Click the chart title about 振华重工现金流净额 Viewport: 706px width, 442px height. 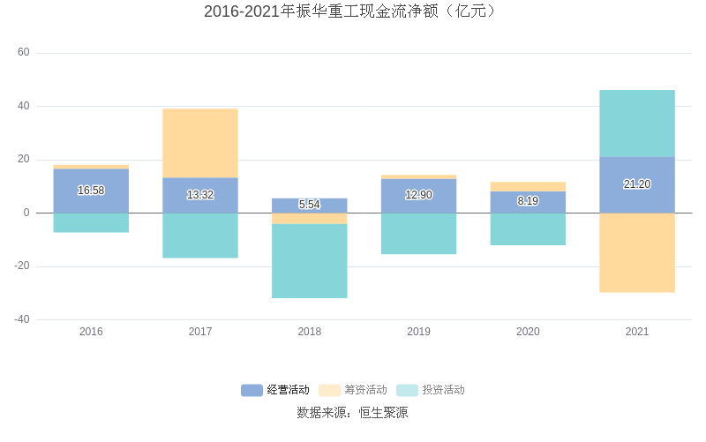point(352,11)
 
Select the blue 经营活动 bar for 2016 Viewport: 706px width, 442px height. point(91,179)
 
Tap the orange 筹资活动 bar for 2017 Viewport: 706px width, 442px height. point(200,143)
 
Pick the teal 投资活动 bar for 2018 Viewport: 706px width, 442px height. point(310,261)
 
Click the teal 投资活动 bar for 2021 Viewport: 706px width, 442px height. point(637,124)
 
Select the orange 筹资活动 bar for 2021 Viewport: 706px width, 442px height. point(637,252)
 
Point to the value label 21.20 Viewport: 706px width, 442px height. point(637,184)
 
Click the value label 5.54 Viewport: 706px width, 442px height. point(310,205)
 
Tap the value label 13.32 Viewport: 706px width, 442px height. point(200,195)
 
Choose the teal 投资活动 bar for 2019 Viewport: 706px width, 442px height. point(419,234)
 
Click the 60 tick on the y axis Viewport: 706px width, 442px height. point(24,53)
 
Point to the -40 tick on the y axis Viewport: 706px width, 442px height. point(21,319)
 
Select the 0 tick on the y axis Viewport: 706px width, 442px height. point(26,213)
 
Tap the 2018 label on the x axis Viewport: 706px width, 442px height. point(310,332)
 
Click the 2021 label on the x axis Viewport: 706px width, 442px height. point(637,332)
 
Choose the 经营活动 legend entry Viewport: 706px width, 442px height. point(275,390)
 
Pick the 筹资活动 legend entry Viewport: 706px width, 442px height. point(353,390)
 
